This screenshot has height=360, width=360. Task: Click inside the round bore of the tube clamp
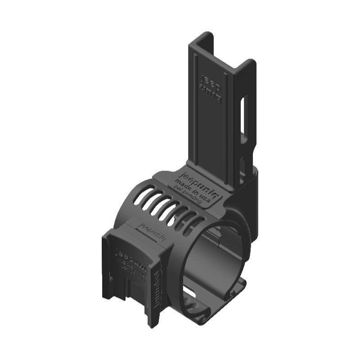click(x=216, y=261)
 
